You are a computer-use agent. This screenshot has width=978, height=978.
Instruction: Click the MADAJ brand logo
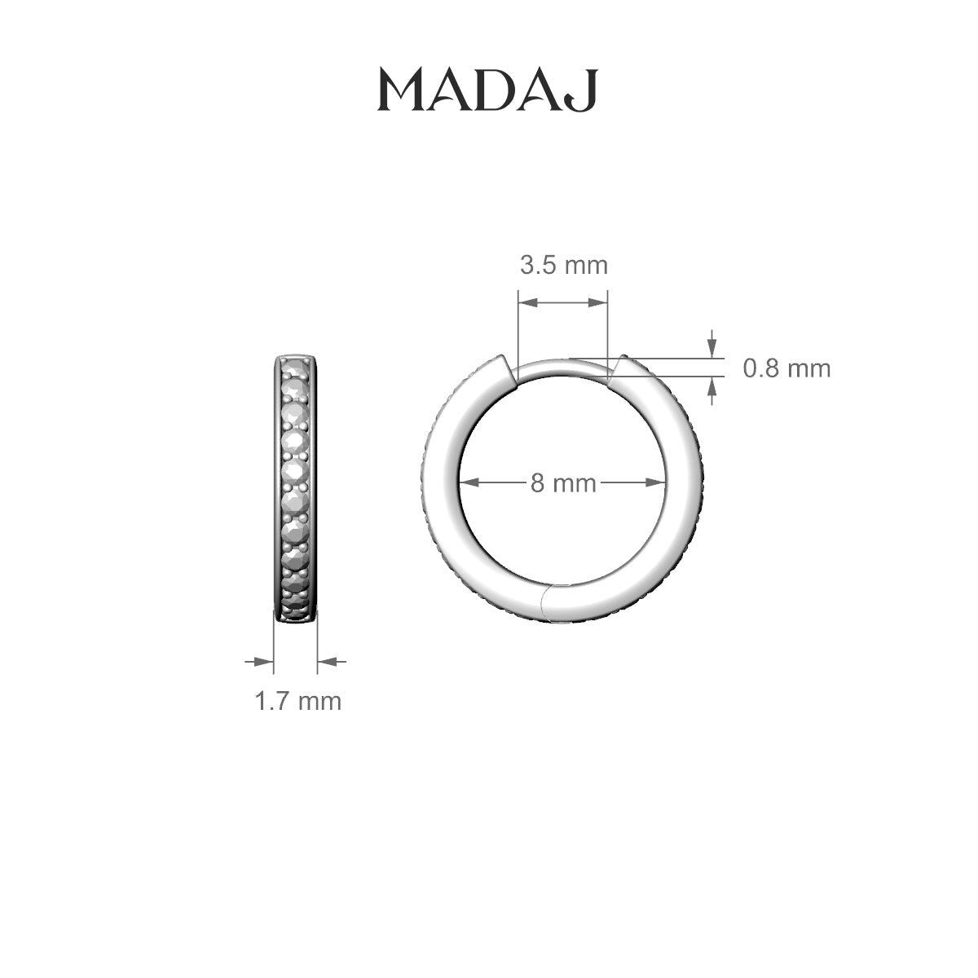[x=487, y=90]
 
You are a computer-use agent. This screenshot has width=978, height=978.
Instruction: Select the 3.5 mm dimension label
[x=563, y=265]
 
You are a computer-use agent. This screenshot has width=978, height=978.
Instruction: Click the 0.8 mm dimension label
[x=786, y=368]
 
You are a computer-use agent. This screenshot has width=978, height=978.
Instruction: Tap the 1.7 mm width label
[x=297, y=701]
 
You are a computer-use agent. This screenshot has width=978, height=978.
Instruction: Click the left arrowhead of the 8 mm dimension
[x=469, y=482]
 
